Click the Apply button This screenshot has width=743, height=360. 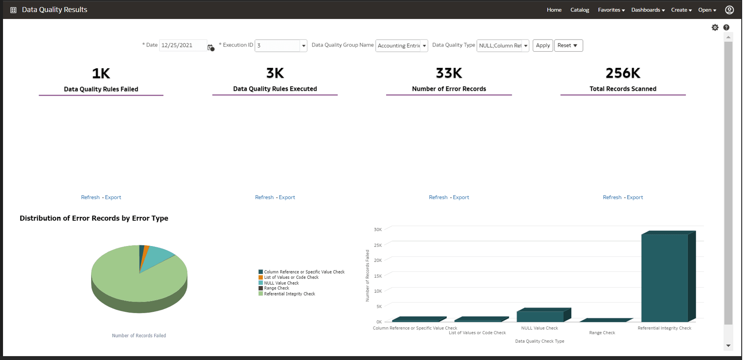tap(543, 46)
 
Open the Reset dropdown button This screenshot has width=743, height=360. tap(568, 46)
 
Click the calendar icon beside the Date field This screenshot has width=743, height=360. tap(210, 47)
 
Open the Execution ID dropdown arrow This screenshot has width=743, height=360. tap(304, 46)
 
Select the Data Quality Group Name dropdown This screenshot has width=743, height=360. tap(401, 46)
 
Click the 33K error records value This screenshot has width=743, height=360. tap(449, 73)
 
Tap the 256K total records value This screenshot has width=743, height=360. tap(623, 73)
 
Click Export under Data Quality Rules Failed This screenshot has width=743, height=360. tap(113, 197)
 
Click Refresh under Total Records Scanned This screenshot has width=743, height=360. tap(612, 197)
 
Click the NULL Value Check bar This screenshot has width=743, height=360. tap(540, 317)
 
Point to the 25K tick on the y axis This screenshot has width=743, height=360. tap(378, 245)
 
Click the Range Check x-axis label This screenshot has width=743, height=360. tap(602, 333)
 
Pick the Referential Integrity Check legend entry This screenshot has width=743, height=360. tap(289, 294)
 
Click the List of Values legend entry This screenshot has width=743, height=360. tap(291, 277)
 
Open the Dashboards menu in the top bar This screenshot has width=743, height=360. tap(648, 10)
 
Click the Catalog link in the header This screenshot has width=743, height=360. tap(580, 10)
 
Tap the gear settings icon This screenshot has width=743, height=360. tap(715, 28)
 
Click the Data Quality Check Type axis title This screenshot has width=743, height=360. tap(540, 341)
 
